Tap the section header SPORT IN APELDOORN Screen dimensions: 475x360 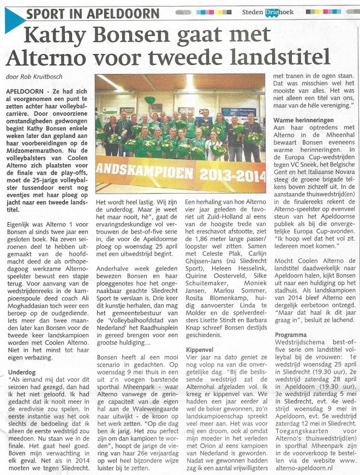click(93, 14)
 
